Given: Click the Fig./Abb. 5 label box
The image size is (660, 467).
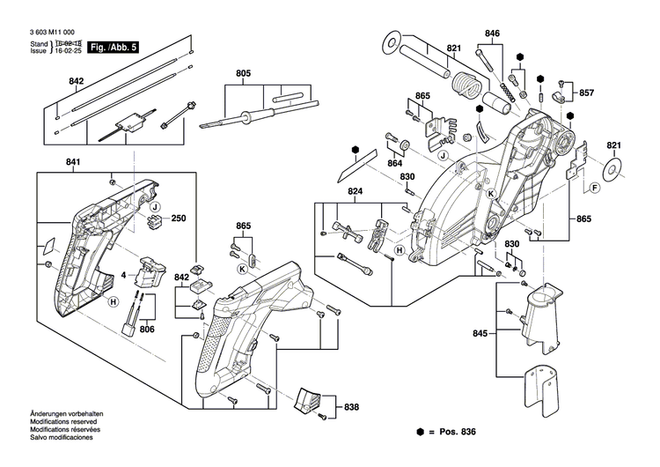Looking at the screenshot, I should tap(114, 45).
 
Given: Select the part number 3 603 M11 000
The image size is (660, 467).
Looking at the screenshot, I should tap(58, 31).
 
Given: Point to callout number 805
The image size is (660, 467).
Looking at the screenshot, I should tap(242, 73).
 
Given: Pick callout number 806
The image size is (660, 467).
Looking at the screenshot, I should tap(147, 328).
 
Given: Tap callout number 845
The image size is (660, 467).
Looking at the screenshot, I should tap(480, 333).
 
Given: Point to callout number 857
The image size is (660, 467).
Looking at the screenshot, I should tap(586, 92).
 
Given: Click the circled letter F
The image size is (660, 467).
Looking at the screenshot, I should tap(595, 189).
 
